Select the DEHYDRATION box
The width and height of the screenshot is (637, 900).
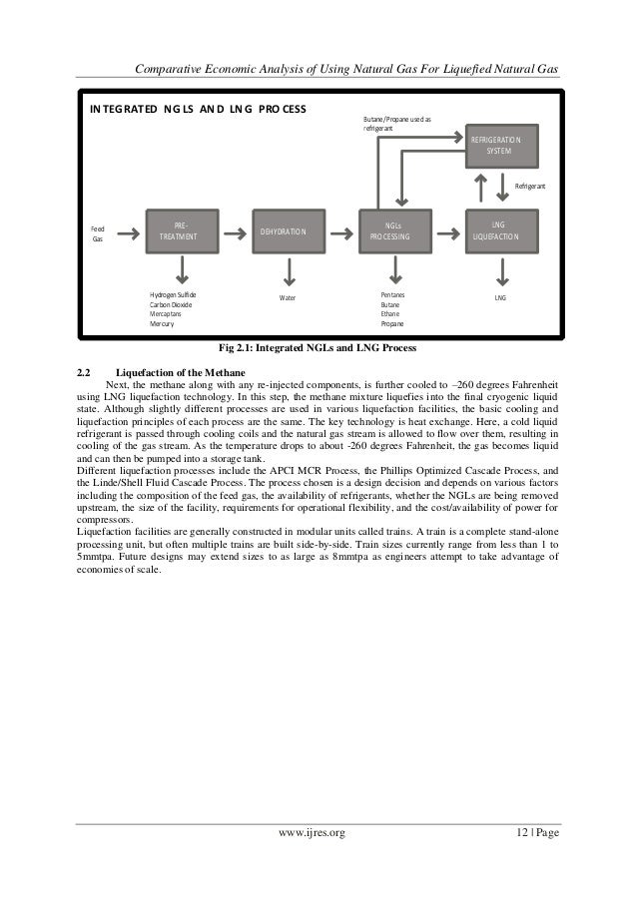tap(285, 231)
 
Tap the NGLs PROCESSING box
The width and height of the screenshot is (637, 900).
tap(396, 231)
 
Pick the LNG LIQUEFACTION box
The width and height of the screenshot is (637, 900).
tap(498, 231)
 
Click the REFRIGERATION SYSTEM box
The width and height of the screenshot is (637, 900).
tap(503, 144)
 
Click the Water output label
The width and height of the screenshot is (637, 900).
tap(288, 297)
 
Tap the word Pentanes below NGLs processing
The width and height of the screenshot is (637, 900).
tap(394, 295)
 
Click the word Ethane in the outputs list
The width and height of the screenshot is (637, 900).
tap(390, 314)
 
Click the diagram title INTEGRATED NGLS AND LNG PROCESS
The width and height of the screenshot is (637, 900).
tap(198, 108)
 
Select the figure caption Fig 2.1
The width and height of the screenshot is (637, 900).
tap(318, 347)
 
